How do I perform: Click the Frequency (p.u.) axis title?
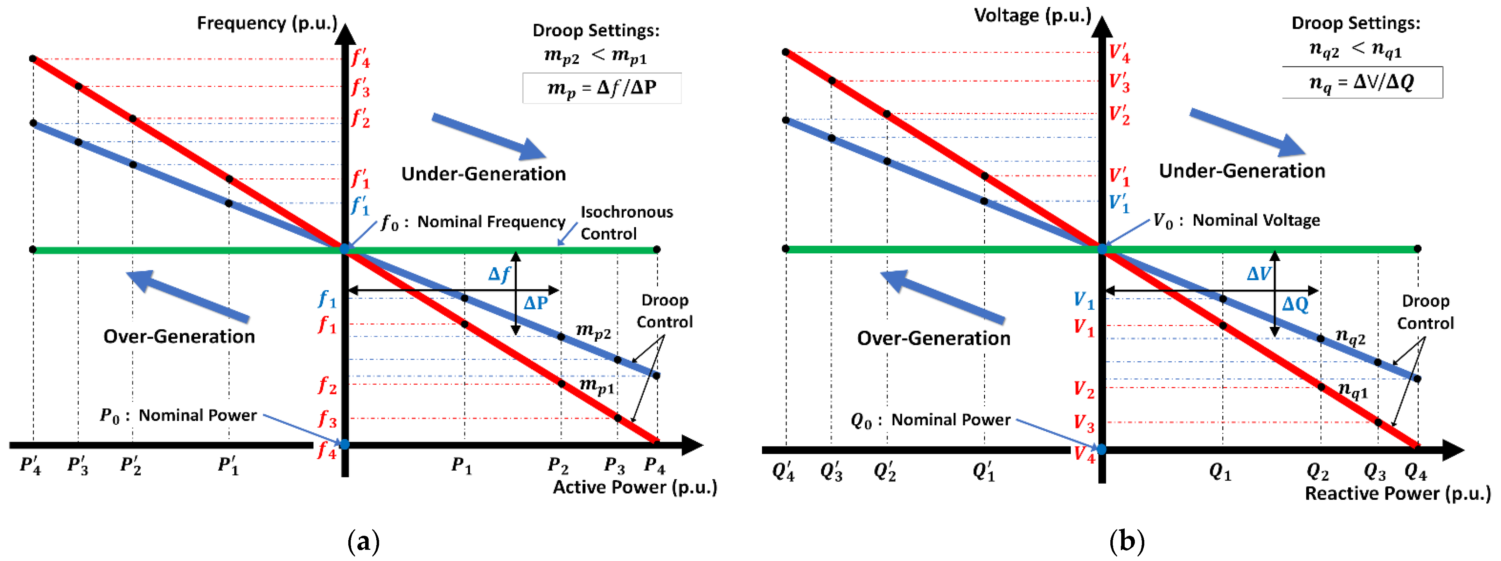(x=267, y=23)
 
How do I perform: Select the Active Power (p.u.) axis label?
(x=635, y=487)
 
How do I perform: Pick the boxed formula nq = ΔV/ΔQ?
(x=1362, y=83)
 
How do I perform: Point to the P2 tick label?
(x=558, y=465)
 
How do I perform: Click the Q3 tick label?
(x=1375, y=471)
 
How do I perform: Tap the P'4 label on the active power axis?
(x=30, y=465)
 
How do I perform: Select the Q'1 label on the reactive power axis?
(x=984, y=471)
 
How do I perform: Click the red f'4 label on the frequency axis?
(x=360, y=58)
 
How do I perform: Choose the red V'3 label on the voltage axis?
(x=1119, y=82)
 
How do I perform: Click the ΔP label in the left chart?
(x=536, y=303)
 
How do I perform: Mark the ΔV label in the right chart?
(x=1259, y=274)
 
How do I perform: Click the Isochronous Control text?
(x=626, y=223)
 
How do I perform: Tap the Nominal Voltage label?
(x=1256, y=220)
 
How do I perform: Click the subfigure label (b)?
(x=1126, y=541)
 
